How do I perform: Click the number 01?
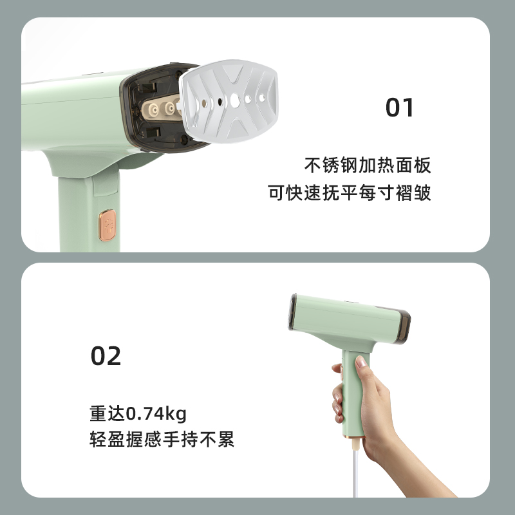(399, 108)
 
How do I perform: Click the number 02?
(106, 356)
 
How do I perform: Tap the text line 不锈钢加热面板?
(368, 165)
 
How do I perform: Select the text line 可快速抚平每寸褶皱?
(349, 192)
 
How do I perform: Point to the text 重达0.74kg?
(138, 413)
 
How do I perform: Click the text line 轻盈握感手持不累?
(162, 439)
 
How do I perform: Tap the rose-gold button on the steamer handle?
(108, 225)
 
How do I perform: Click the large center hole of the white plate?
(235, 100)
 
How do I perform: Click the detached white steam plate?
(229, 101)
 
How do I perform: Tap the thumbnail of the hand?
(361, 362)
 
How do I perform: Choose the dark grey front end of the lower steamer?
(292, 312)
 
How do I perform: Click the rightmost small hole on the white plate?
(262, 98)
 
